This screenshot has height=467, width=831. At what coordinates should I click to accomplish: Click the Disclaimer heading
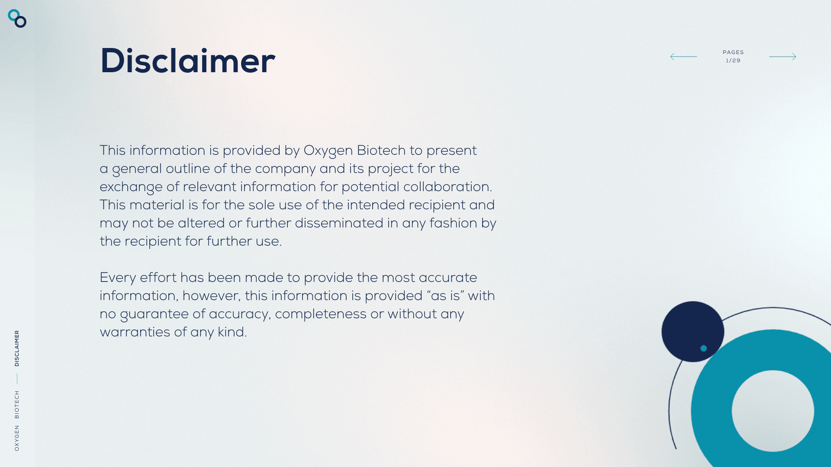(x=187, y=61)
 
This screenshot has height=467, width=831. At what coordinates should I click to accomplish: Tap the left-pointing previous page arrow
(x=683, y=57)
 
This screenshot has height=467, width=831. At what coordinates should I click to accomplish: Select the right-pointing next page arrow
(x=783, y=57)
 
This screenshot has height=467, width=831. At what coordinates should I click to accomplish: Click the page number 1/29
(x=733, y=61)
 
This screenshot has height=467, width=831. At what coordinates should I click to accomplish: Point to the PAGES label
(x=733, y=52)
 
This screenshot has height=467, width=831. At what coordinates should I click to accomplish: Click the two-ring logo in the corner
(x=17, y=19)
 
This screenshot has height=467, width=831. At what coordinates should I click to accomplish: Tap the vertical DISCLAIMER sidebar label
(x=17, y=349)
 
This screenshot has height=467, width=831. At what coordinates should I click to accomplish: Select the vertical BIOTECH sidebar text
(x=17, y=405)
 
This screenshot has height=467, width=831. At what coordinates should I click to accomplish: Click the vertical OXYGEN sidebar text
(x=17, y=438)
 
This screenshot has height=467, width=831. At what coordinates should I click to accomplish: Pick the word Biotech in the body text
(x=381, y=150)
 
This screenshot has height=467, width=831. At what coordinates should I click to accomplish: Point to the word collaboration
(x=446, y=187)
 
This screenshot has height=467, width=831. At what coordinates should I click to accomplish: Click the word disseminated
(x=339, y=223)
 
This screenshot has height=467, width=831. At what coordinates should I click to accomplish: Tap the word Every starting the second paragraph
(x=118, y=278)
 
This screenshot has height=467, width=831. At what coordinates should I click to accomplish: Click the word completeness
(x=321, y=314)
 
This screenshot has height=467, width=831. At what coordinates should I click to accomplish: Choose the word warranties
(x=135, y=332)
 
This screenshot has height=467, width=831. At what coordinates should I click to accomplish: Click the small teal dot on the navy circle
(x=704, y=349)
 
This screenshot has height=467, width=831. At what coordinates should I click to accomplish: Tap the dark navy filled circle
(x=692, y=332)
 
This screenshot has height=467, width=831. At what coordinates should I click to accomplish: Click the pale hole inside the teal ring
(x=773, y=411)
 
